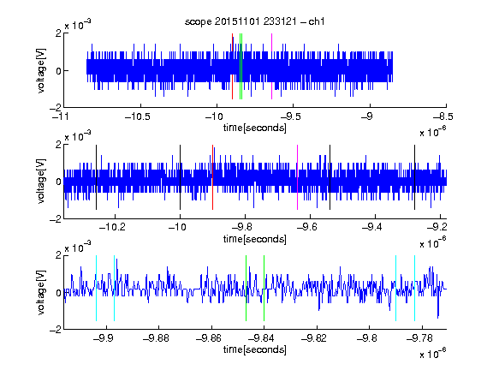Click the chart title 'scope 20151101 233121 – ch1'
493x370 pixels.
click(255, 21)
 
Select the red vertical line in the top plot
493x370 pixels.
click(232, 66)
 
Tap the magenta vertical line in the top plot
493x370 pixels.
click(271, 66)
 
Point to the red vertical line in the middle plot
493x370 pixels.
click(212, 177)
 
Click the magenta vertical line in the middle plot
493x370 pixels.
click(298, 177)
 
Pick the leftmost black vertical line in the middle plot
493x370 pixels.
click(96, 177)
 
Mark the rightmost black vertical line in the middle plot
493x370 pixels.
click(415, 177)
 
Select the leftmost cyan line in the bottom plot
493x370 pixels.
click(96, 288)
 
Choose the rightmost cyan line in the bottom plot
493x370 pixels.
click(415, 288)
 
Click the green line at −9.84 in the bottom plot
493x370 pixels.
click(264, 288)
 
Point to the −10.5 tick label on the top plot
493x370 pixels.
click(138, 116)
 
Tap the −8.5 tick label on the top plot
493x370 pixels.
click(443, 116)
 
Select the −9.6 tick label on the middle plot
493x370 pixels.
click(307, 227)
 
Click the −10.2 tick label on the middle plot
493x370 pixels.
click(112, 227)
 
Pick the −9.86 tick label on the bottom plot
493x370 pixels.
click(209, 338)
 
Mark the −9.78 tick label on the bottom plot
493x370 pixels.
click(419, 338)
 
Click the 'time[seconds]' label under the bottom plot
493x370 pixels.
click(255, 349)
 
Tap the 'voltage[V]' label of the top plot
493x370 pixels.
click(41, 70)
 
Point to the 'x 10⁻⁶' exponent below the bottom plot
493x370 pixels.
click(433, 354)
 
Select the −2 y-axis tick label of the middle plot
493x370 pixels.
click(56, 219)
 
